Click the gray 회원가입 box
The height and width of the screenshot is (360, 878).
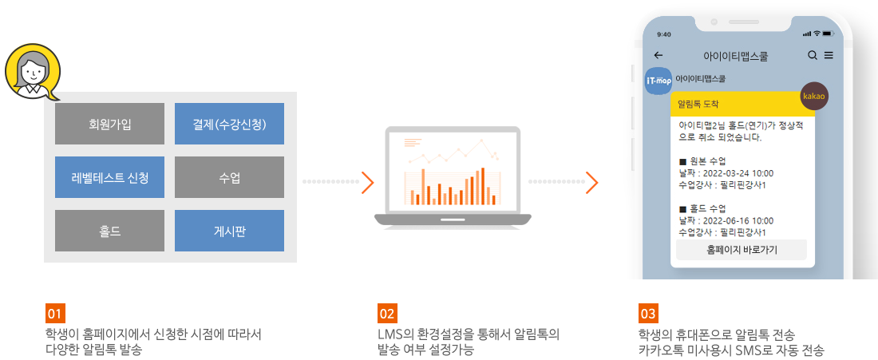click(110, 124)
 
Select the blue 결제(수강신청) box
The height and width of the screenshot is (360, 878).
click(230, 124)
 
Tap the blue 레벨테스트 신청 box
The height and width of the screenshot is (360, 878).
click(110, 177)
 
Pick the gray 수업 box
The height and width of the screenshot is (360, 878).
click(230, 177)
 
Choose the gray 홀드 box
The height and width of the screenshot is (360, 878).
click(110, 231)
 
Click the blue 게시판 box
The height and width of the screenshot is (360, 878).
click(230, 231)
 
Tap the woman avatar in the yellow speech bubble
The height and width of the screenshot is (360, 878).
click(33, 73)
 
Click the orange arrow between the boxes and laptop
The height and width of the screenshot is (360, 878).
click(367, 182)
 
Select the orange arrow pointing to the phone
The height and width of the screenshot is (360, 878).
click(592, 182)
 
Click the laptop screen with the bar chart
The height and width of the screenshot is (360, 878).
click(453, 172)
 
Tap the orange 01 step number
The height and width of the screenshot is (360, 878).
click(56, 314)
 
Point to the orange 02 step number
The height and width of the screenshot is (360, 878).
click(387, 314)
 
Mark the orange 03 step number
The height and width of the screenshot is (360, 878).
click(648, 314)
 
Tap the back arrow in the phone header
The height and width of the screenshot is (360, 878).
click(658, 55)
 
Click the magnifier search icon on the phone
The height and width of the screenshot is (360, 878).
click(813, 55)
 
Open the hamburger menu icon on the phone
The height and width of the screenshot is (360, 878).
click(829, 55)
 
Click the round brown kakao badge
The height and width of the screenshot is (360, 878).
click(815, 97)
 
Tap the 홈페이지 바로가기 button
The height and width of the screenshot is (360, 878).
click(742, 250)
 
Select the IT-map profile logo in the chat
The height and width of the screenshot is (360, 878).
click(658, 81)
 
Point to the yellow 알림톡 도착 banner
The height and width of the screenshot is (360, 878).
click(742, 104)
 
